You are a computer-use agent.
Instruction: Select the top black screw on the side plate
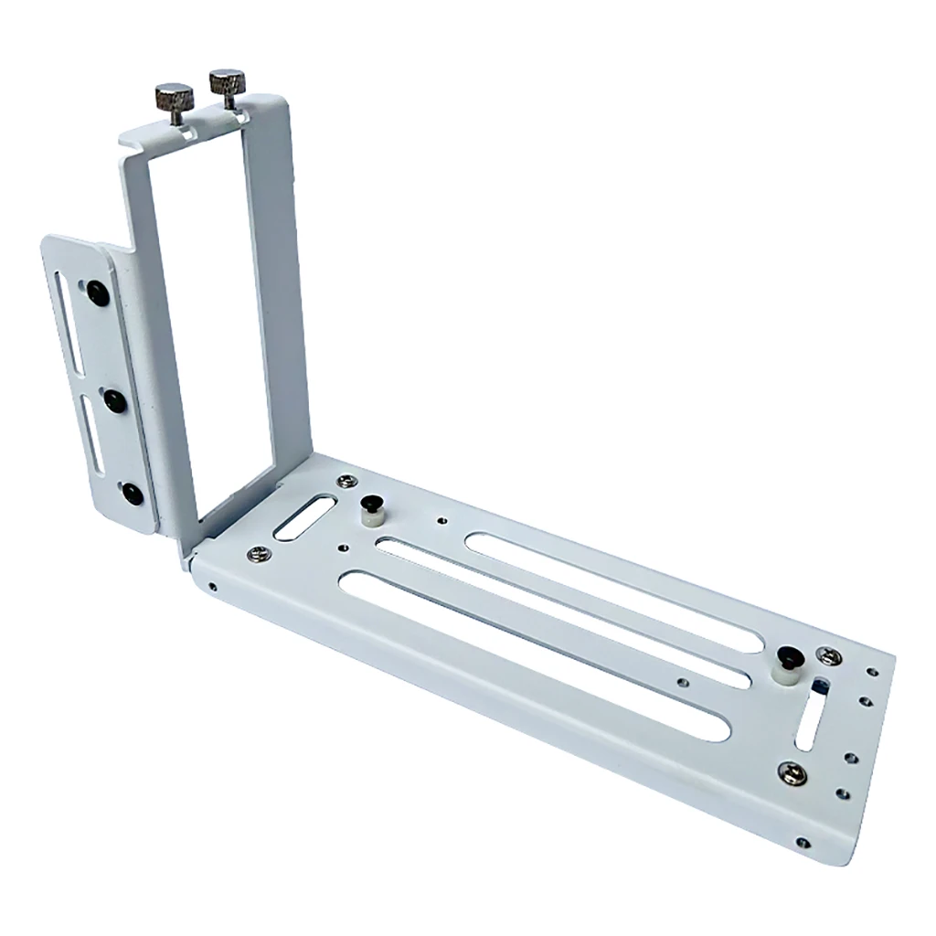click(x=96, y=292)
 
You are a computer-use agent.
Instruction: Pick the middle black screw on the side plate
click(x=114, y=399)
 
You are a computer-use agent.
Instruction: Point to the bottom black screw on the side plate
click(x=133, y=494)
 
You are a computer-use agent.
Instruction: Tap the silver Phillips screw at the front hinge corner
click(x=259, y=553)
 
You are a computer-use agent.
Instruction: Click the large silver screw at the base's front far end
click(x=792, y=773)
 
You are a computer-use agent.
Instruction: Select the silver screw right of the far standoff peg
click(x=828, y=655)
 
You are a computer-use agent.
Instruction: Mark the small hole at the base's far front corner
click(x=802, y=842)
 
